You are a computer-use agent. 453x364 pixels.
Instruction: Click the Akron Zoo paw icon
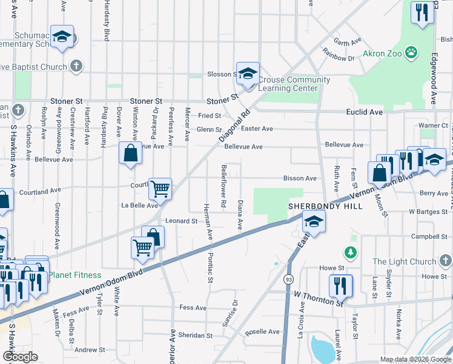coord(411,53)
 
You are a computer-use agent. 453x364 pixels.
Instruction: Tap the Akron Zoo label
coord(383,53)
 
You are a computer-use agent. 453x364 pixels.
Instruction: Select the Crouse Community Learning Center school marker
coord(247,73)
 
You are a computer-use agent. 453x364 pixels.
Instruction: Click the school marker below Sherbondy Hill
coord(314,223)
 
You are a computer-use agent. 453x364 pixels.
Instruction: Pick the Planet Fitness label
coord(74,275)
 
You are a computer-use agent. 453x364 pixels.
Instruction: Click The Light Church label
coord(404,261)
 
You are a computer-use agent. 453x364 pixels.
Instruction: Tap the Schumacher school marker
coord(62,36)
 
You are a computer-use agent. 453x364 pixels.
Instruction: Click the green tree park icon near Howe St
coord(349,251)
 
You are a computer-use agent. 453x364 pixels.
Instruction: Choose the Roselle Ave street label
coord(262,332)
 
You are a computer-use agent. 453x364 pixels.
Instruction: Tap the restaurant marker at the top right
coord(421,12)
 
